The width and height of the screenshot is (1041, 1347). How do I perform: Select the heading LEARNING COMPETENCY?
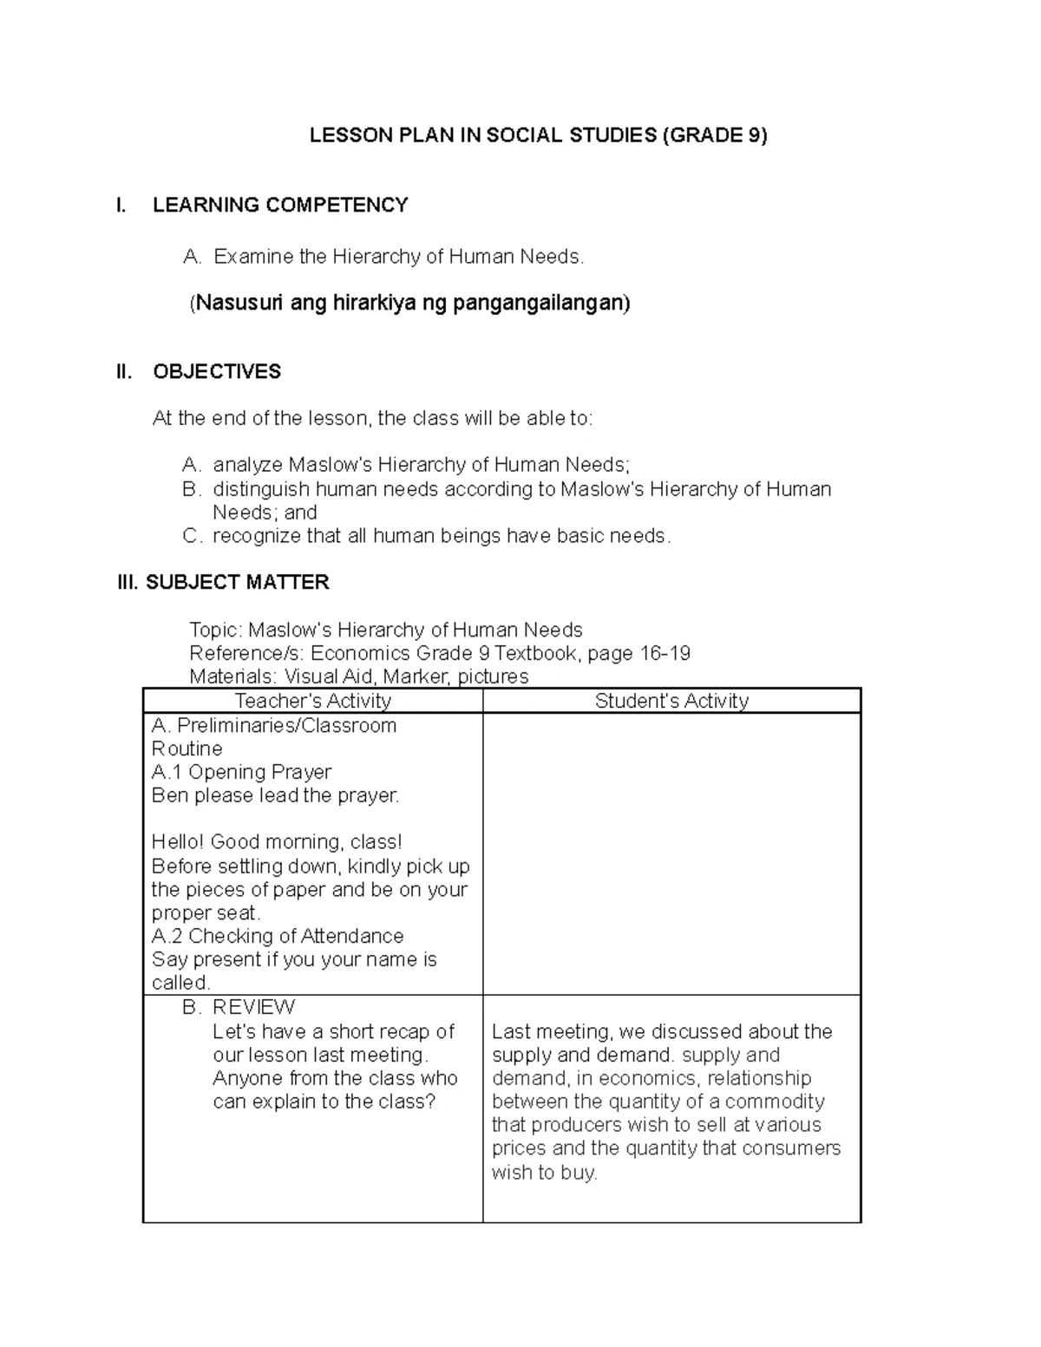[280, 206]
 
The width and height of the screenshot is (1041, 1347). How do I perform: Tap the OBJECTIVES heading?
[217, 372]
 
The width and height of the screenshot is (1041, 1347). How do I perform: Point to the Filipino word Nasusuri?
[239, 303]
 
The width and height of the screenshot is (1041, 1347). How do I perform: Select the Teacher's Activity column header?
[312, 701]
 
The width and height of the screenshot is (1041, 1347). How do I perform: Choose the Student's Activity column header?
[671, 701]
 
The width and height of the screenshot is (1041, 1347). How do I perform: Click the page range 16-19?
[665, 653]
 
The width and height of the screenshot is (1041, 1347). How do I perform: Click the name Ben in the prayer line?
[169, 795]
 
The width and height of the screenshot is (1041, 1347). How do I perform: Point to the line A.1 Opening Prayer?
[241, 772]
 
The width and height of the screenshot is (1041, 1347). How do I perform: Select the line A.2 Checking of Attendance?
[277, 936]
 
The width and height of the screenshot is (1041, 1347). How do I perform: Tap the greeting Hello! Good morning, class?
[276, 842]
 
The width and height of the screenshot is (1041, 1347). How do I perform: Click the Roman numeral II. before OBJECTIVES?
[125, 372]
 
